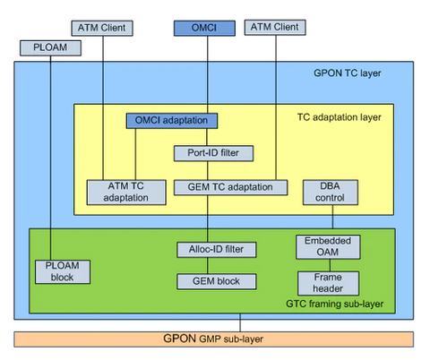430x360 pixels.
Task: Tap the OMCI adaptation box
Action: point(171,119)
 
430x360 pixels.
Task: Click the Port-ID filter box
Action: point(213,152)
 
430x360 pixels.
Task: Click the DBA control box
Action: point(331,192)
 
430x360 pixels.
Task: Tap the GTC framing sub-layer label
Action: point(344,304)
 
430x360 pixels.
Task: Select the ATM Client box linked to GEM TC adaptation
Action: point(272,29)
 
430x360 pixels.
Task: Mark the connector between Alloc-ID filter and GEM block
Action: point(208,265)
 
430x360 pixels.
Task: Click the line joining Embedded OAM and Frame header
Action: point(330,265)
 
